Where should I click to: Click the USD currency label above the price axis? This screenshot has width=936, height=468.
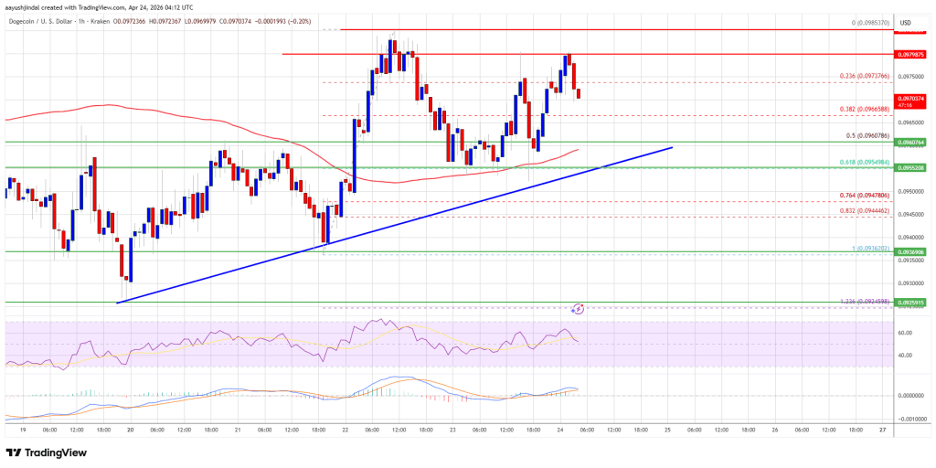point(907,22)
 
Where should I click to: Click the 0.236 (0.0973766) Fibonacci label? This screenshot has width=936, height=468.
point(864,76)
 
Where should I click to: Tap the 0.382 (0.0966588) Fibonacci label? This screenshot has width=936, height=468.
point(864,108)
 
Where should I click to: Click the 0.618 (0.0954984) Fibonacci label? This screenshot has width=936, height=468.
point(864,162)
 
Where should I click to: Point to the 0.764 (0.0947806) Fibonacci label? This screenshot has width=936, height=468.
point(864,195)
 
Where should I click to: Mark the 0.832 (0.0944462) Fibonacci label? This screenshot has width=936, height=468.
point(864,210)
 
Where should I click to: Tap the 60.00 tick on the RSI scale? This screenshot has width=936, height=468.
point(904,333)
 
